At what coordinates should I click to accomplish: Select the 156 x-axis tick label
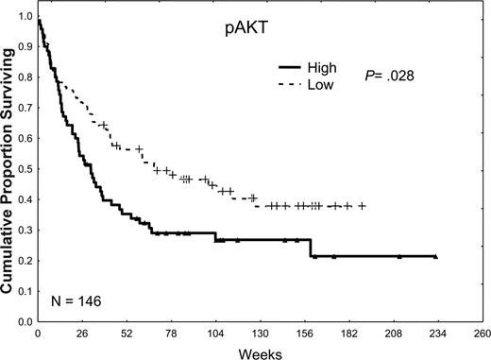306,334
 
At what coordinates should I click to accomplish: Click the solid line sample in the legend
295,68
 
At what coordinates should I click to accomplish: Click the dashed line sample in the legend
295,85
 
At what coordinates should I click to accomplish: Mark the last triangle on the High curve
434,256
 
